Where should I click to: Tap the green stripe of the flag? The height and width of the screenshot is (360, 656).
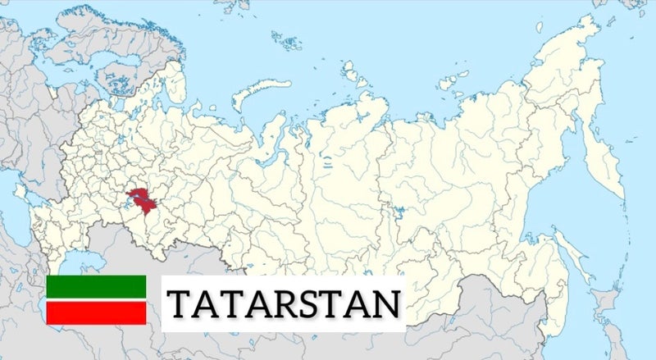[96, 285]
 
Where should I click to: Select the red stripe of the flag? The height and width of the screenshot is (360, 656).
[96, 312]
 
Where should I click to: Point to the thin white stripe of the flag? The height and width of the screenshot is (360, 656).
[96, 298]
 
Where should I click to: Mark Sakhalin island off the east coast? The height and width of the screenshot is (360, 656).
[566, 246]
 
